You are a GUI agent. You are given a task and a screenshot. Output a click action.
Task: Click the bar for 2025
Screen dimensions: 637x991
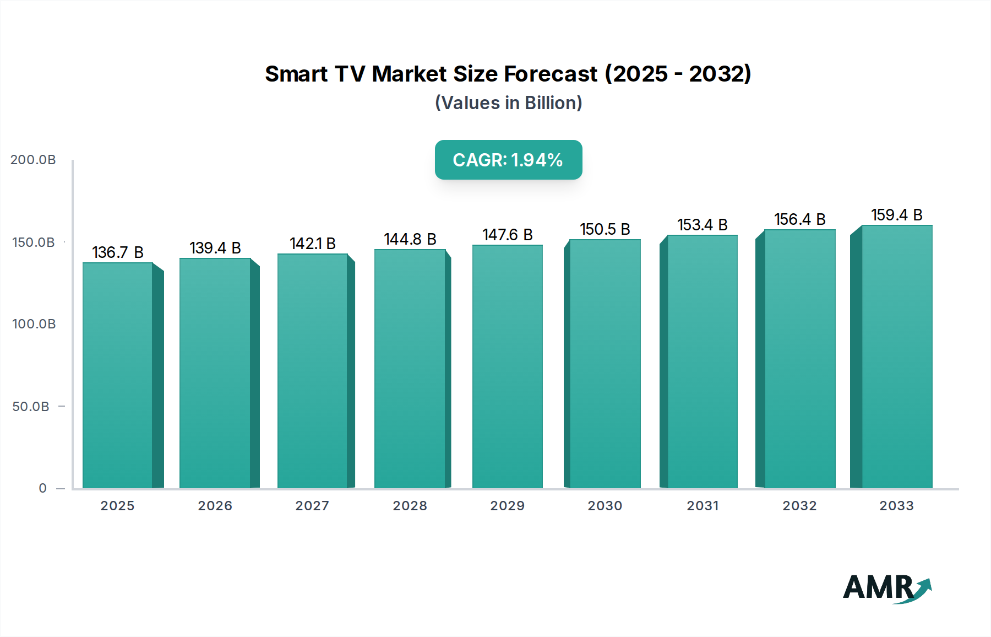pos(117,375)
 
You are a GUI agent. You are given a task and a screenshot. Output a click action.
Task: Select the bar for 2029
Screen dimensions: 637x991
pos(507,366)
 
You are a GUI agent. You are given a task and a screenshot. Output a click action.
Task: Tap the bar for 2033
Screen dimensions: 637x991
pos(897,357)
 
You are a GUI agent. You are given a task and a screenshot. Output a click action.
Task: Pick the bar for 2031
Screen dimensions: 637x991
pos(702,361)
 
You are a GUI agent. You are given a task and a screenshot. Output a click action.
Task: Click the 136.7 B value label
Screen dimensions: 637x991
pos(117,252)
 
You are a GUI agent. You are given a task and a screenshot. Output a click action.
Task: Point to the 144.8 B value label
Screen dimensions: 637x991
pos(410,239)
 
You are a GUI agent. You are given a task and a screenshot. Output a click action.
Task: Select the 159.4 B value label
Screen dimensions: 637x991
pos(896,215)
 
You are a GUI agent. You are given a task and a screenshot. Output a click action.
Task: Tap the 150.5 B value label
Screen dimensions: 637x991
pos(605,229)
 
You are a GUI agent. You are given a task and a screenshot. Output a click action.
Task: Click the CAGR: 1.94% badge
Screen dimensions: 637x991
pos(508,160)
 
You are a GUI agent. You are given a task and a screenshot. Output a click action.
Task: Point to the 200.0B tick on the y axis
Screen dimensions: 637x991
pos(33,160)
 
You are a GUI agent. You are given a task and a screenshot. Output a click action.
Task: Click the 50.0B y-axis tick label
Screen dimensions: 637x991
pos(31,407)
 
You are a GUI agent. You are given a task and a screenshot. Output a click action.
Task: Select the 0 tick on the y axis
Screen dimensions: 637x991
pos(42,488)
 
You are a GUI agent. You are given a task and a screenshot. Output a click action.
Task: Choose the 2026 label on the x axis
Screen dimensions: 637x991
pos(215,506)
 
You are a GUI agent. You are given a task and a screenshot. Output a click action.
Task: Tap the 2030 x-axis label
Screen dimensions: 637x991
pos(605,506)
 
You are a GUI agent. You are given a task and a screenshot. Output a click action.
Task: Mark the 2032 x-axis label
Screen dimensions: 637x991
pos(799,506)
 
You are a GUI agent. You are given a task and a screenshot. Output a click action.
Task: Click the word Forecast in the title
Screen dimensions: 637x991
pos(551,74)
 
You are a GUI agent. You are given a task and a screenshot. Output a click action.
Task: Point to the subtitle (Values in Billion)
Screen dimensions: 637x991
pos(508,103)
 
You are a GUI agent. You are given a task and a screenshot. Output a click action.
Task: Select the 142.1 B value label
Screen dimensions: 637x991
pos(312,244)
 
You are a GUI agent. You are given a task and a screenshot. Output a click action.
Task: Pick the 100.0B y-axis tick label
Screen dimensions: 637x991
pos(34,324)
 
